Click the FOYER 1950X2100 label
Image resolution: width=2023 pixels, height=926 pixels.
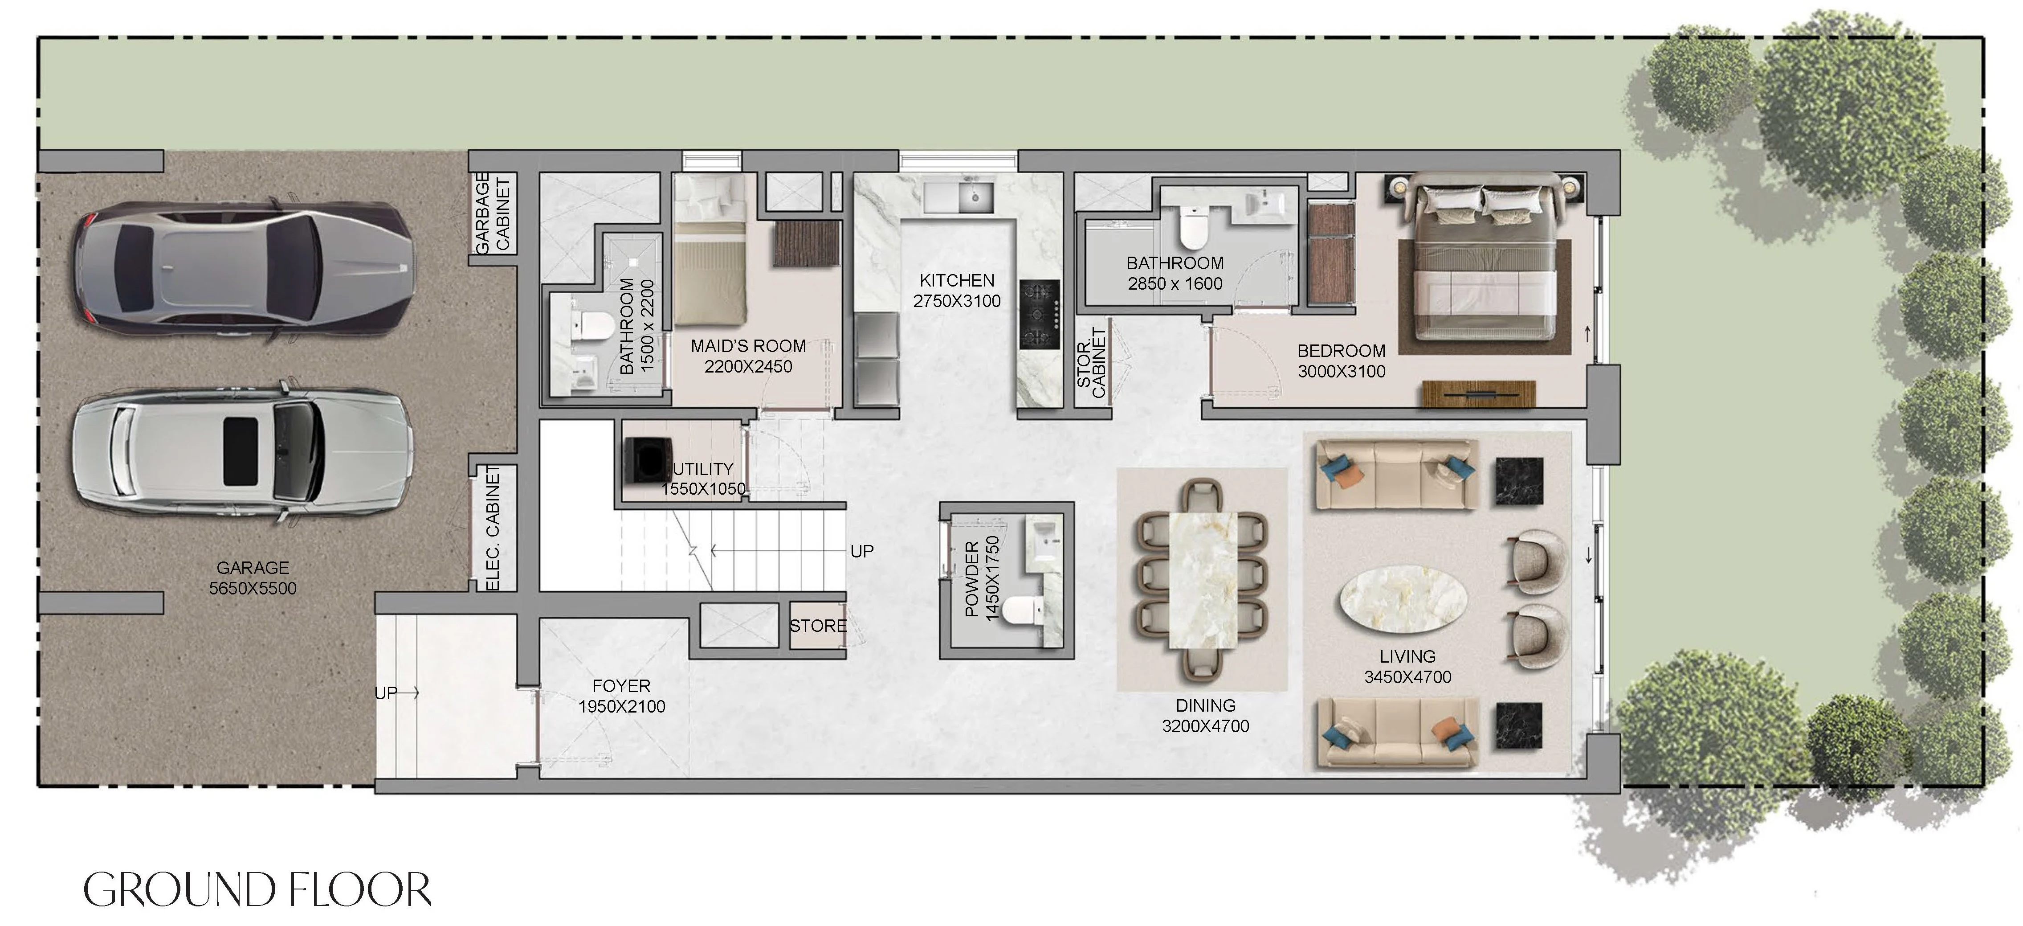pyautogui.click(x=621, y=696)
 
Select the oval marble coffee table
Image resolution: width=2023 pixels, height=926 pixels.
pyautogui.click(x=1403, y=598)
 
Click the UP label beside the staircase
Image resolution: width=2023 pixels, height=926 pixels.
pyautogui.click(x=861, y=551)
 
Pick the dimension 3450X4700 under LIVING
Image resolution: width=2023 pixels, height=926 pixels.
pyautogui.click(x=1407, y=677)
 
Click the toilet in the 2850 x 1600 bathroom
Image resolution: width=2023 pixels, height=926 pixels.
pyautogui.click(x=1193, y=226)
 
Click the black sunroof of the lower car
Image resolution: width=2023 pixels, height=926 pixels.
pyautogui.click(x=241, y=451)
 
